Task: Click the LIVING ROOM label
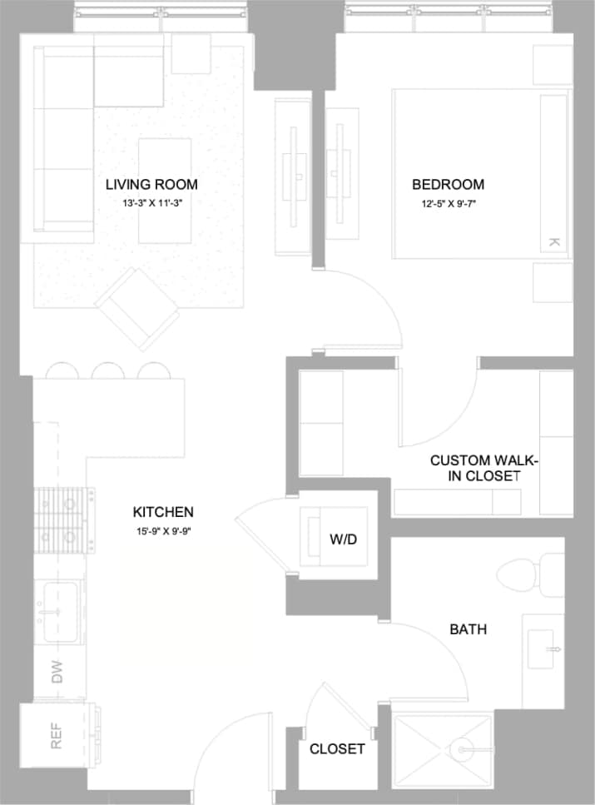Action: (x=151, y=184)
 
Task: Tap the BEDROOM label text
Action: (x=448, y=184)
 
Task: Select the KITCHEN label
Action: (x=163, y=511)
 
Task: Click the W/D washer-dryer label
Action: (x=343, y=539)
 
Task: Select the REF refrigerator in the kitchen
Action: (x=57, y=736)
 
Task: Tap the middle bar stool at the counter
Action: (x=107, y=370)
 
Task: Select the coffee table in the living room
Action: (x=164, y=191)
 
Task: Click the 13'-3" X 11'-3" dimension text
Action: (x=151, y=201)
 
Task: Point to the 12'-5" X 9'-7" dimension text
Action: (x=448, y=201)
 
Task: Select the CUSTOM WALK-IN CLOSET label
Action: (x=474, y=468)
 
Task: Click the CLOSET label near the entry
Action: (x=337, y=749)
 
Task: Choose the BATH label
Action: (x=468, y=629)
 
